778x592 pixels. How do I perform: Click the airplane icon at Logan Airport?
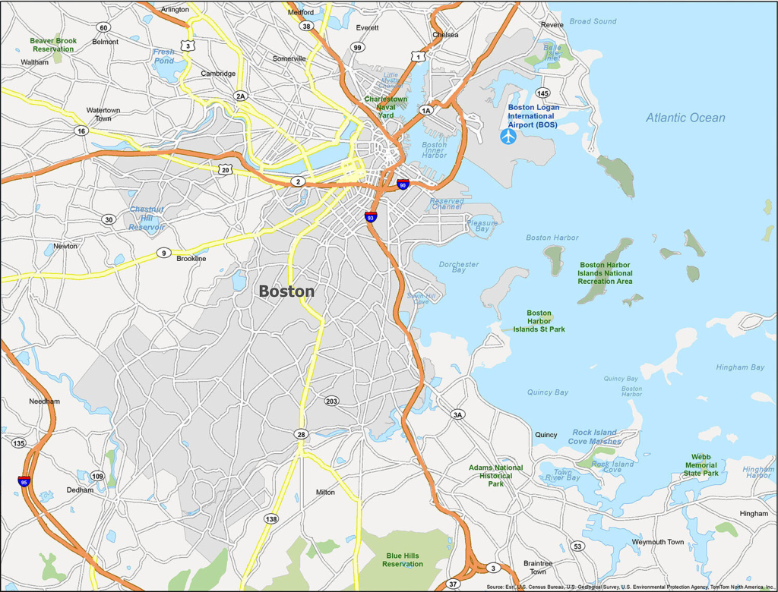tap(508, 137)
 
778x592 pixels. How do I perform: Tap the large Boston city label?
tap(286, 291)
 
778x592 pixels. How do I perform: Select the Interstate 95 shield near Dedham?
tap(24, 481)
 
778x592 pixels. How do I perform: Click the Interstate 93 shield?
tap(371, 217)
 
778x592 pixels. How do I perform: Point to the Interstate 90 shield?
tap(403, 184)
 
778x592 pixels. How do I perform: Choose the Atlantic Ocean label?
tap(685, 118)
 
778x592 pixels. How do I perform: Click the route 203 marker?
tap(331, 401)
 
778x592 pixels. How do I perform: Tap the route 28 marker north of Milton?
tap(302, 434)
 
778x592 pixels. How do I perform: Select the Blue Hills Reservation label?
tap(403, 560)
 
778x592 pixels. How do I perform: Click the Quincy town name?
tap(546, 435)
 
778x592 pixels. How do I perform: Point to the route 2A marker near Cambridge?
tap(241, 96)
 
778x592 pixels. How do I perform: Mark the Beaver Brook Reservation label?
tap(52, 45)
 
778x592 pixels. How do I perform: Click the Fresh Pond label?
tap(163, 56)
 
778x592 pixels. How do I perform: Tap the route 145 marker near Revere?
tap(542, 93)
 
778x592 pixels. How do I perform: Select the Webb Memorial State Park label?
tap(701, 465)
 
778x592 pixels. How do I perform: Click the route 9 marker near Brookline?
tap(163, 253)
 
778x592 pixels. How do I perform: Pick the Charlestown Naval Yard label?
tap(385, 107)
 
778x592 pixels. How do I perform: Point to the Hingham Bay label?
tap(739, 367)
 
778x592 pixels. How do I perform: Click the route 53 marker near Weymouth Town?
tap(578, 546)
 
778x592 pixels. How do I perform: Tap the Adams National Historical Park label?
tap(495, 476)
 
